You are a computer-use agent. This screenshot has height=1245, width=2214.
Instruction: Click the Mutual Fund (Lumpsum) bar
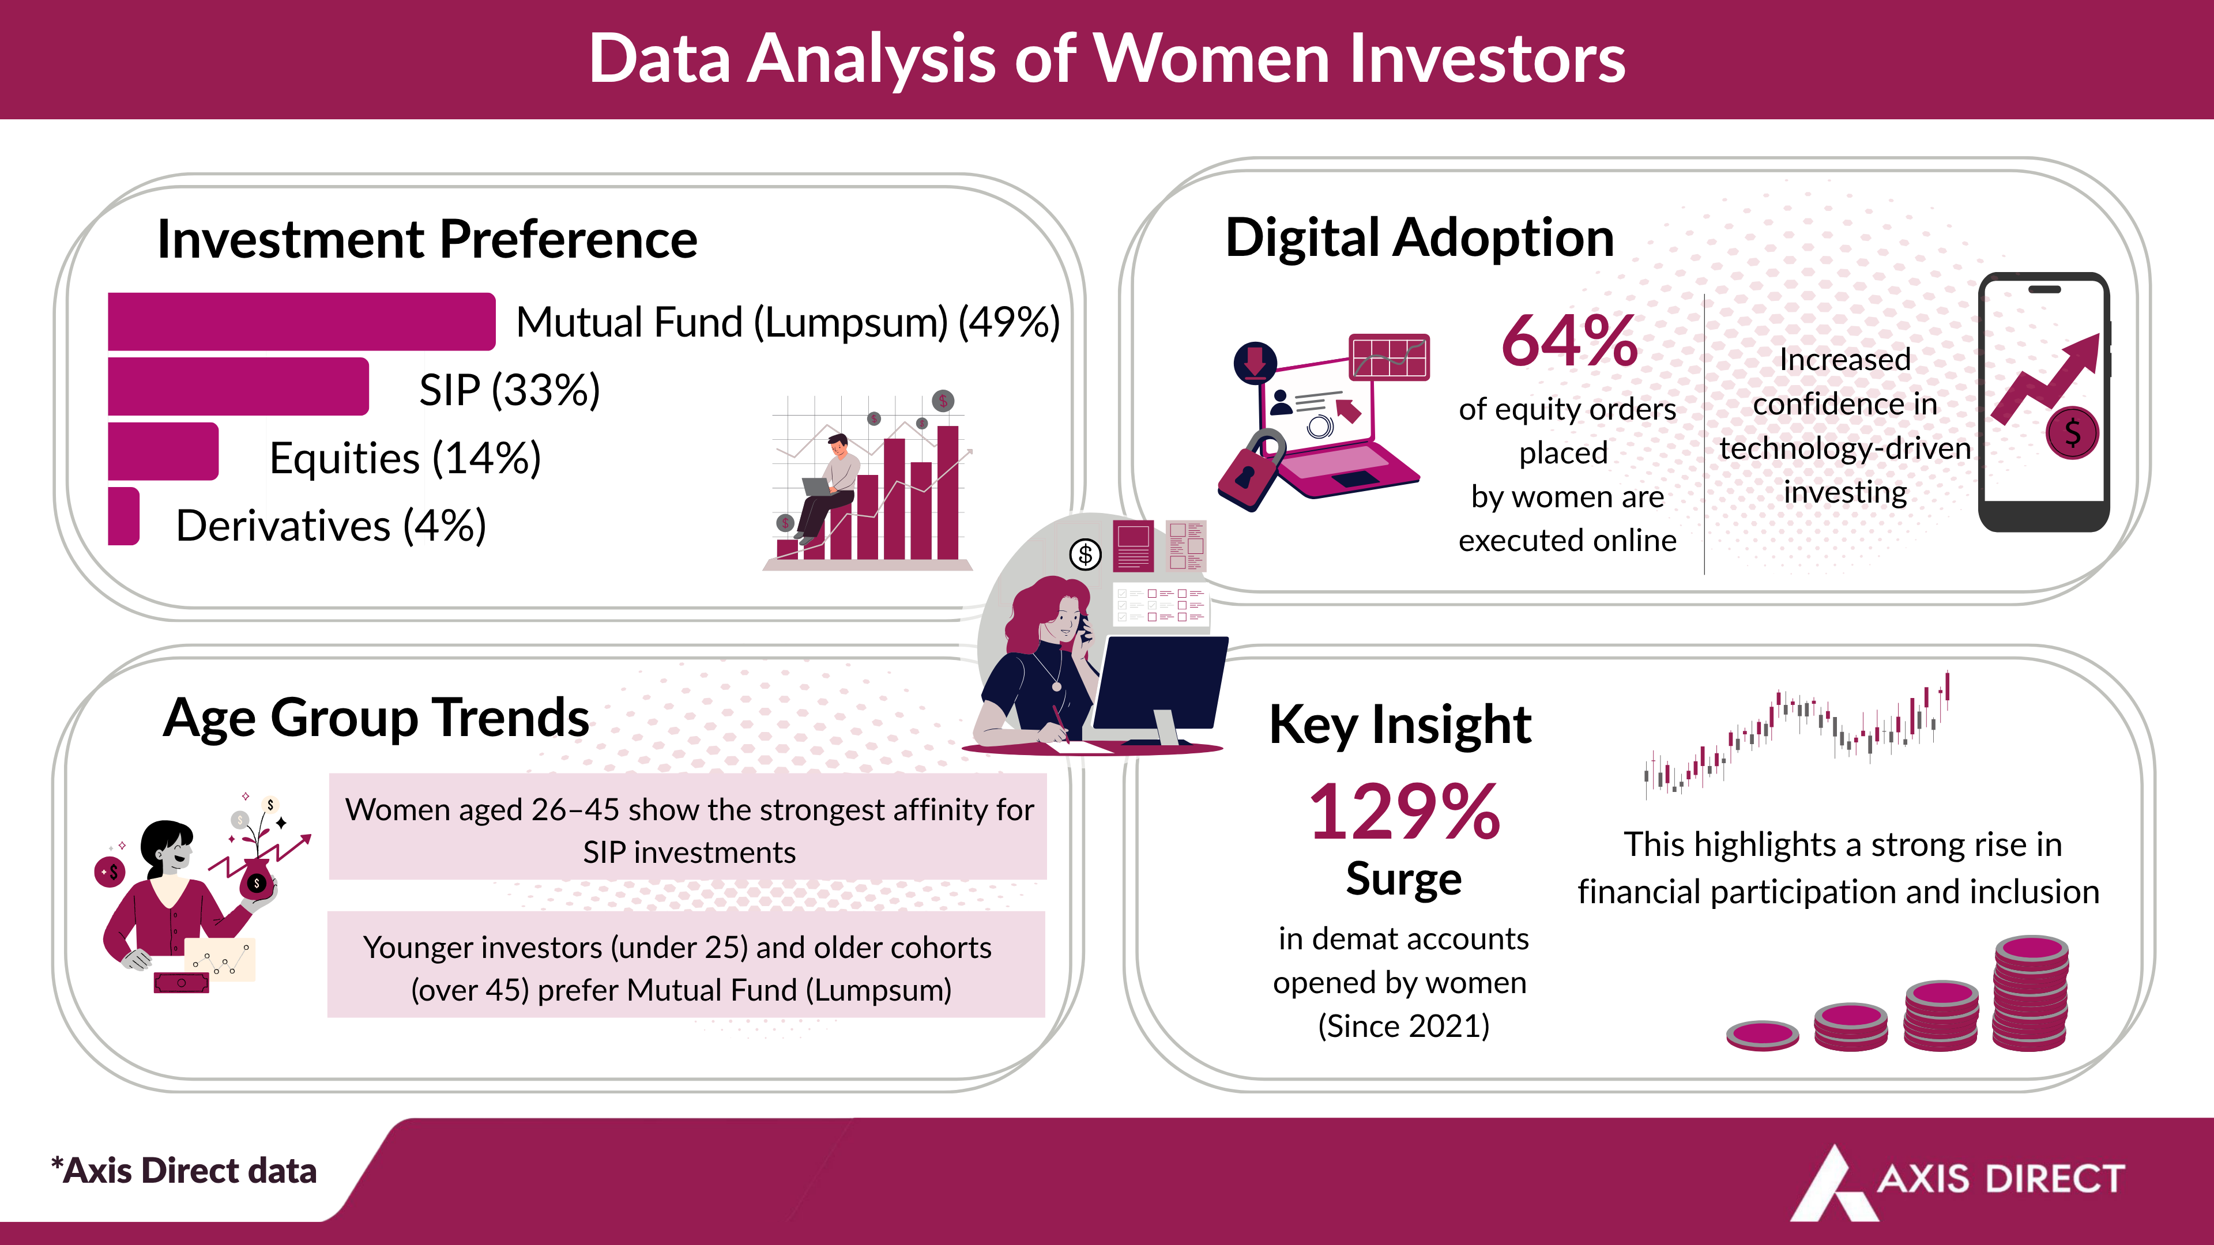click(x=301, y=322)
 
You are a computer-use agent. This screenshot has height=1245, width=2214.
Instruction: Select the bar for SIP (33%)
click(x=238, y=387)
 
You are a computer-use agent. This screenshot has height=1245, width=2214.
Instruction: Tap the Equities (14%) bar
click(x=163, y=452)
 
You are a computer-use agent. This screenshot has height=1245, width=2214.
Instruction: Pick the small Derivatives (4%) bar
click(x=123, y=516)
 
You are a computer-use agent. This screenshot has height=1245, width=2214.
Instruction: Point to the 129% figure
click(x=1403, y=812)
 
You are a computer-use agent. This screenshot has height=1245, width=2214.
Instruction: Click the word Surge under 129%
click(x=1403, y=879)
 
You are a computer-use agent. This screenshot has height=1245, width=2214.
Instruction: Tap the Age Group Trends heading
click(x=375, y=718)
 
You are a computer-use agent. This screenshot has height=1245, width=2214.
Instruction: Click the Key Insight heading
click(x=1399, y=725)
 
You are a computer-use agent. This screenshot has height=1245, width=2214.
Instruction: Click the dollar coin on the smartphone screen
click(x=2072, y=433)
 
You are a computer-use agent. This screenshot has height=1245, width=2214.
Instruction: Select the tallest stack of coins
click(x=2030, y=994)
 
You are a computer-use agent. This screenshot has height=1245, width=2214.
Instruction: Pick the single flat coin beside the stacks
click(x=1762, y=1035)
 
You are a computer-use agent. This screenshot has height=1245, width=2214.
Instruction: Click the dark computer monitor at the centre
click(x=1160, y=683)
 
